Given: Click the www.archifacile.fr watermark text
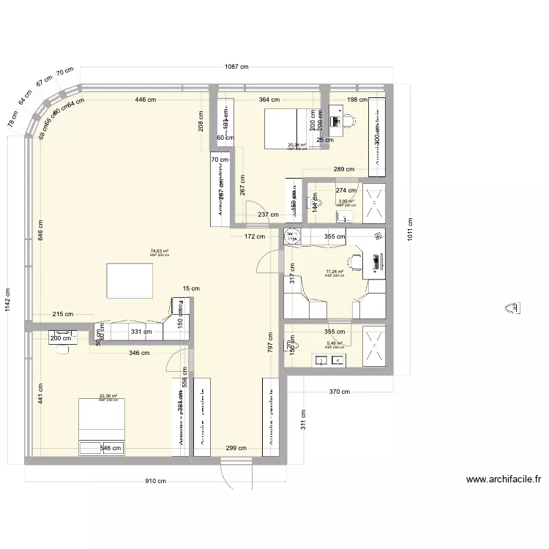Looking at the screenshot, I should pyautogui.click(x=503, y=481).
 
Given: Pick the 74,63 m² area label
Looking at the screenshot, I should pyautogui.click(x=159, y=252).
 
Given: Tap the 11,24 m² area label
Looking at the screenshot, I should pyautogui.click(x=335, y=272).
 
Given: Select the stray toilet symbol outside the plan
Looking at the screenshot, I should pyautogui.click(x=513, y=309).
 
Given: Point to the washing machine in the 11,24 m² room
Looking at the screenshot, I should pyautogui.click(x=293, y=236).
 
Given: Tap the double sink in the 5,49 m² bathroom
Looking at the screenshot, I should pyautogui.click(x=329, y=360).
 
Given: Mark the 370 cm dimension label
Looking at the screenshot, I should pyautogui.click(x=340, y=392).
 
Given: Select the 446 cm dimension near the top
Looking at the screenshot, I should pyautogui.click(x=145, y=100).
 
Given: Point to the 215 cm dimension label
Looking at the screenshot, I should pyautogui.click(x=63, y=314).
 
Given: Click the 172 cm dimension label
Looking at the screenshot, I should pyautogui.click(x=255, y=236).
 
